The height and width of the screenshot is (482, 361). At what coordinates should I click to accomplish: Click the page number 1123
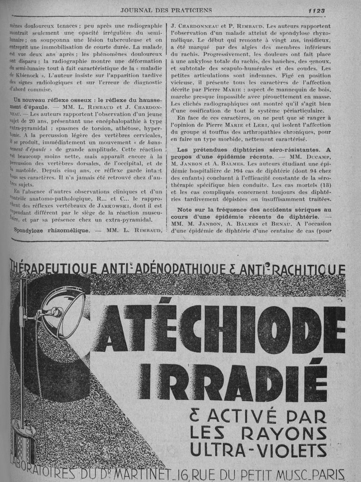point(317,10)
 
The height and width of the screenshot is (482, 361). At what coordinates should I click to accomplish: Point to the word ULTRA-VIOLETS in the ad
point(258,449)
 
